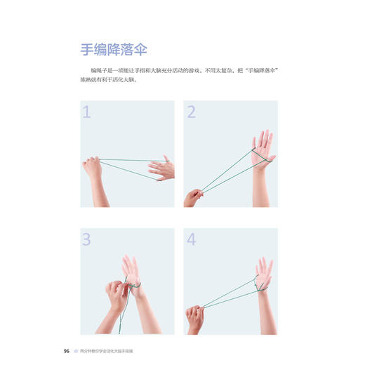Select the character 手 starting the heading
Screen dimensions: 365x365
coord(86,51)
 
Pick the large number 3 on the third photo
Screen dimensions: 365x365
coord(88,239)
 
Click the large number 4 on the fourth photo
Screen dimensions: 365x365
coord(191,239)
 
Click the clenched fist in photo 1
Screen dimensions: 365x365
coord(92,168)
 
